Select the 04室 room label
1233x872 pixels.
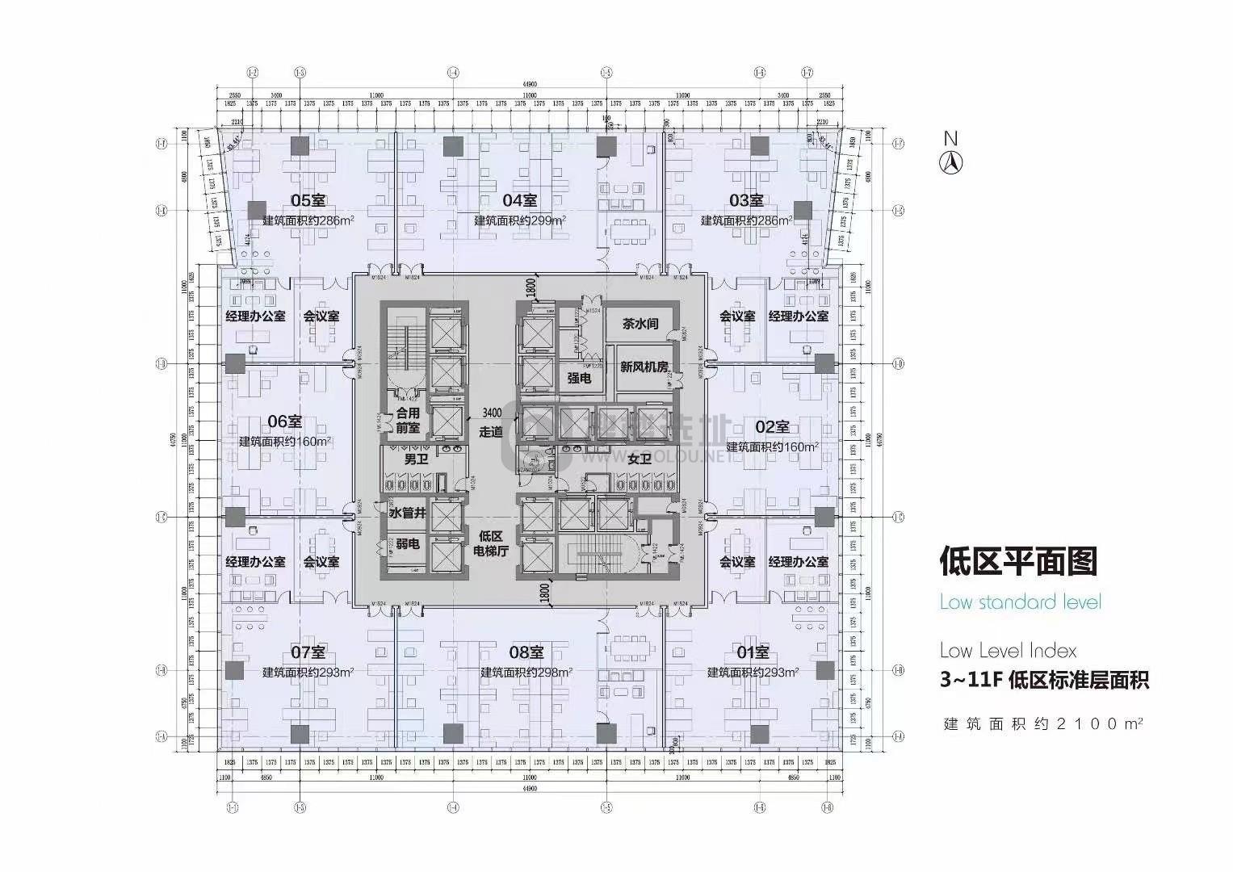pyautogui.click(x=520, y=200)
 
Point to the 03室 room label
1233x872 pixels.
pyautogui.click(x=746, y=200)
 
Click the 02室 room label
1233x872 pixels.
pyautogui.click(x=772, y=427)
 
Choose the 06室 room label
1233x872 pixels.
pyautogui.click(x=284, y=421)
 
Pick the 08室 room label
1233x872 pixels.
pyautogui.click(x=526, y=652)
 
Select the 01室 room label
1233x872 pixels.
pyautogui.click(x=753, y=652)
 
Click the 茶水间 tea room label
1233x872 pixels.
pyautogui.click(x=640, y=324)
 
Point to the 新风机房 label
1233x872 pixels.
pyautogui.click(x=644, y=367)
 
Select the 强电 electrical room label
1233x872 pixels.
pyautogui.click(x=579, y=378)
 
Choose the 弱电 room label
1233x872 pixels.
pyautogui.click(x=408, y=543)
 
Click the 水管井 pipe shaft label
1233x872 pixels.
pyautogui.click(x=407, y=512)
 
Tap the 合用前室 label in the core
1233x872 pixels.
pyautogui.click(x=408, y=421)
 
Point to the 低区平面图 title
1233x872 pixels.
pyautogui.click(x=1018, y=560)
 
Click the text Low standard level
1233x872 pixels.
pyautogui.click(x=1020, y=602)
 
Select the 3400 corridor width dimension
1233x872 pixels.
pyautogui.click(x=492, y=413)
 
